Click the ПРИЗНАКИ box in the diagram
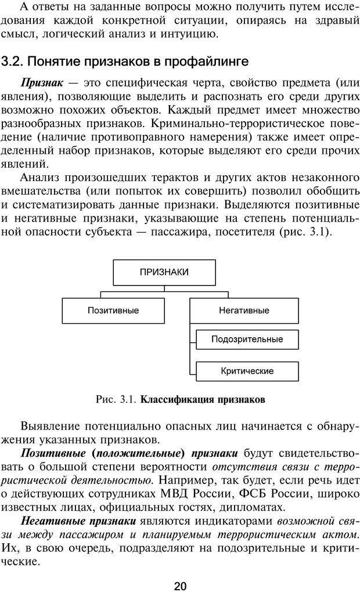164,271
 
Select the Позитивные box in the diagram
113,310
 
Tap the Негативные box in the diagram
244,310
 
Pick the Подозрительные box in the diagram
247,338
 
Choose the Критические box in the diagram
247,370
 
